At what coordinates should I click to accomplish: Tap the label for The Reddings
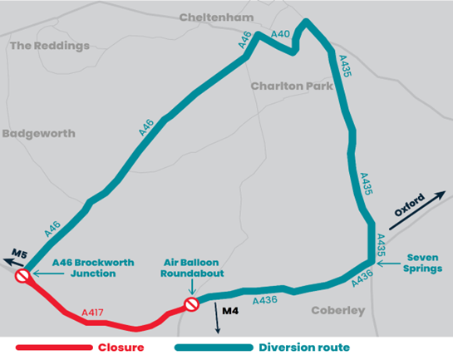(49, 46)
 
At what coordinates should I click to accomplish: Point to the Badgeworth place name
(38, 133)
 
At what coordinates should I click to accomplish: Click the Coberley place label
(337, 310)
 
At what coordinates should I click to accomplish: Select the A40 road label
(281, 34)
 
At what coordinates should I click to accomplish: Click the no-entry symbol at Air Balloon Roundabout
(192, 304)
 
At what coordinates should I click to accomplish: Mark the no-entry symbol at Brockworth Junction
(24, 275)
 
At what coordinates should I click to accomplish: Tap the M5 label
(18, 253)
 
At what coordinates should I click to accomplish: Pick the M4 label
(232, 309)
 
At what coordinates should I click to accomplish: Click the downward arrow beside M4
(218, 320)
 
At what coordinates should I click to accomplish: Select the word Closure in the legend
(121, 347)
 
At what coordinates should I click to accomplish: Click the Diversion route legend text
(304, 347)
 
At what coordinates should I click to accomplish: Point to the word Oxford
(409, 205)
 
